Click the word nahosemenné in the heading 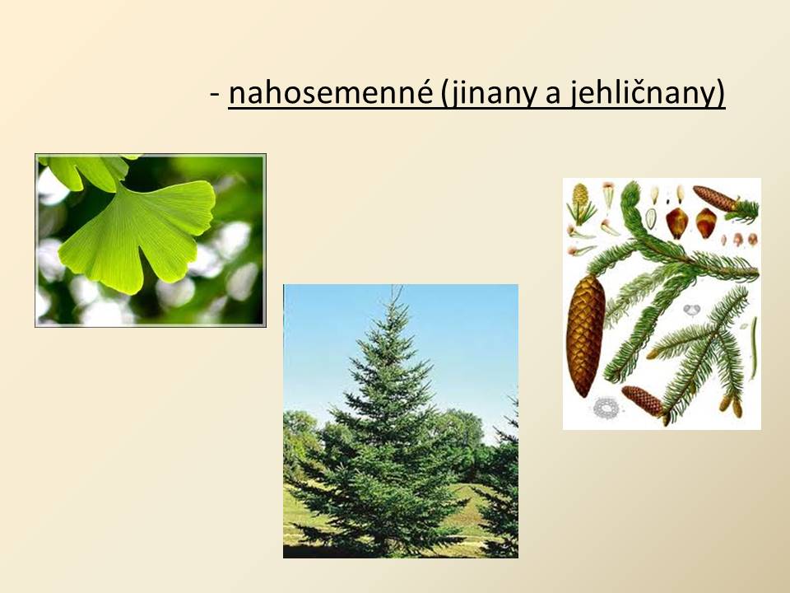coord(331,93)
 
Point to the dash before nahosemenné coord(216,94)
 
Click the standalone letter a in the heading coord(553,96)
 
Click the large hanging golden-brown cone coord(585,335)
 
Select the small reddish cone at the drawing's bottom coord(643,401)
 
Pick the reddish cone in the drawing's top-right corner coord(715,198)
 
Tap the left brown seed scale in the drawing coord(676,222)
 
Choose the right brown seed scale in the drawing coord(706,223)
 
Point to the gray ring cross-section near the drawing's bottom coord(606,408)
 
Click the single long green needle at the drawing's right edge coord(754,348)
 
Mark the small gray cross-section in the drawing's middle coord(692,309)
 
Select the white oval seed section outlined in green coord(651,217)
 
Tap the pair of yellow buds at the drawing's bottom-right coord(731,405)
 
